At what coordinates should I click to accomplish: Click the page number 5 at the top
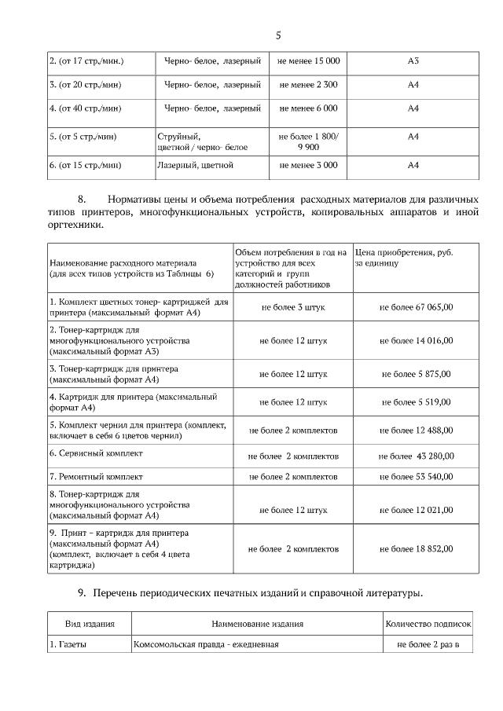click(x=278, y=35)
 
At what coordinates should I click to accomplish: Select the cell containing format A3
click(x=413, y=60)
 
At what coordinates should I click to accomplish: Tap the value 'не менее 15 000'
click(x=308, y=60)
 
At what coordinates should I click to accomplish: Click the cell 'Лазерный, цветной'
click(x=195, y=166)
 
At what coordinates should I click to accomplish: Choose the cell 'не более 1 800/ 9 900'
click(x=308, y=141)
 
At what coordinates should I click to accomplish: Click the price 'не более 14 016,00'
click(x=416, y=341)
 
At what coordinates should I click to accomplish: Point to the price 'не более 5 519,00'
click(x=416, y=402)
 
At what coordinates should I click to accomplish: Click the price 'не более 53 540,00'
click(x=416, y=476)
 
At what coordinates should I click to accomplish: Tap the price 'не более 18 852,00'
click(x=416, y=548)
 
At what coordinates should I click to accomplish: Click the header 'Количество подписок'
click(x=428, y=624)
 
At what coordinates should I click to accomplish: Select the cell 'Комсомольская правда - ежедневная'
click(x=207, y=646)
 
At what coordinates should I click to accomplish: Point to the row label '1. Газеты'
click(x=68, y=646)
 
